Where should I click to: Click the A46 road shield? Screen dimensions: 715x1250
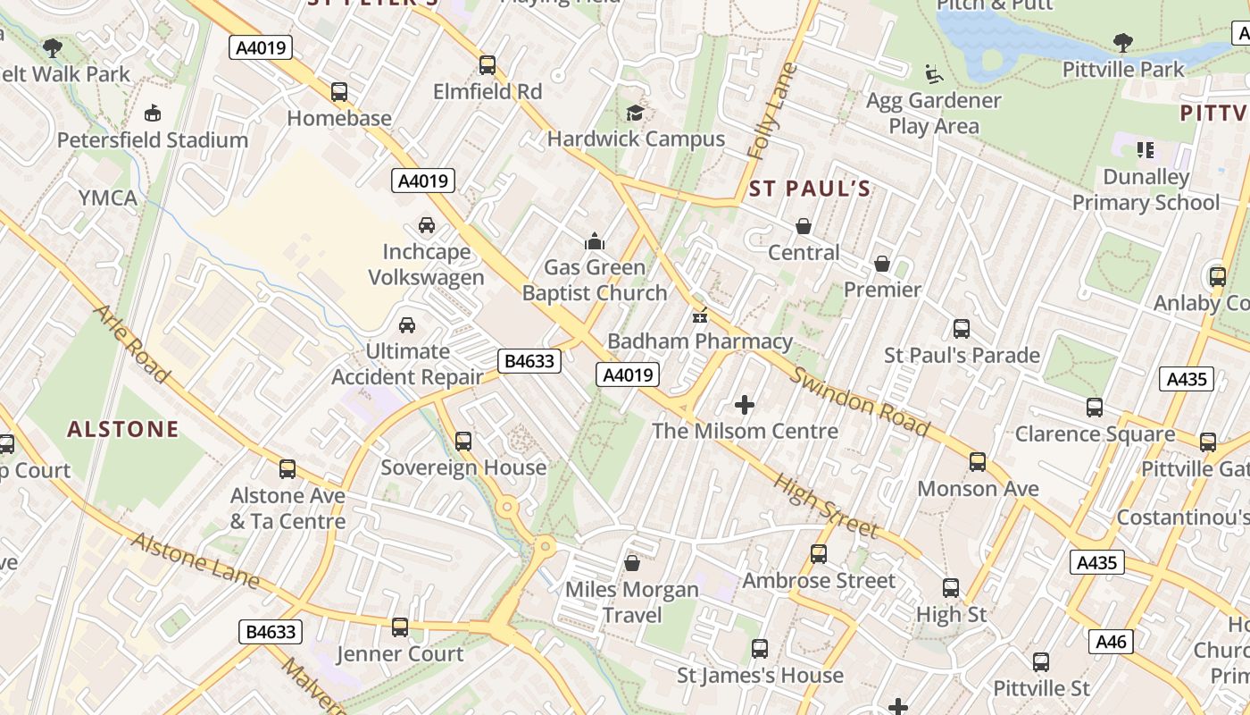(x=1112, y=641)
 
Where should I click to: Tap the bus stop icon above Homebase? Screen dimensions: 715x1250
(x=339, y=92)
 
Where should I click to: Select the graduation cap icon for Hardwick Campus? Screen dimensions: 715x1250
(x=635, y=113)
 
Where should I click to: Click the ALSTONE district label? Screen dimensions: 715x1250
(x=123, y=430)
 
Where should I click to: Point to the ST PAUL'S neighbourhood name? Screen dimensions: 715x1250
(x=809, y=189)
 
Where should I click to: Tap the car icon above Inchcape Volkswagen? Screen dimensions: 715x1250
(x=427, y=225)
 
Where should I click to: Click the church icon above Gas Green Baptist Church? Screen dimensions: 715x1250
(x=594, y=241)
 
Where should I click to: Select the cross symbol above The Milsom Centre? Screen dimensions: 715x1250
(x=745, y=406)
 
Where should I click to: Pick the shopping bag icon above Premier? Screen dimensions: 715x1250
(x=882, y=264)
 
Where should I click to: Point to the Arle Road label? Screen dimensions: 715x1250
(x=131, y=344)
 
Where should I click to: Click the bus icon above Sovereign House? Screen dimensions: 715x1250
(x=463, y=442)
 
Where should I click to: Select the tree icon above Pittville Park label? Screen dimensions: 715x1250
(x=1122, y=43)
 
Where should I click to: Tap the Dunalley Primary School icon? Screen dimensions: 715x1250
(x=1146, y=150)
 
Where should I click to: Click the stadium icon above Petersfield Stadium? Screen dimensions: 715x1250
(x=153, y=114)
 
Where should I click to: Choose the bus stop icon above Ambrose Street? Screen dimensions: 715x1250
(x=819, y=554)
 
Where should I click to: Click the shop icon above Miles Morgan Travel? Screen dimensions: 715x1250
(x=632, y=563)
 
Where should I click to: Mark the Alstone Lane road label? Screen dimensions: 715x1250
(x=196, y=561)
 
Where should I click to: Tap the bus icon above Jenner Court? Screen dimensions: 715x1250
(x=400, y=627)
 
